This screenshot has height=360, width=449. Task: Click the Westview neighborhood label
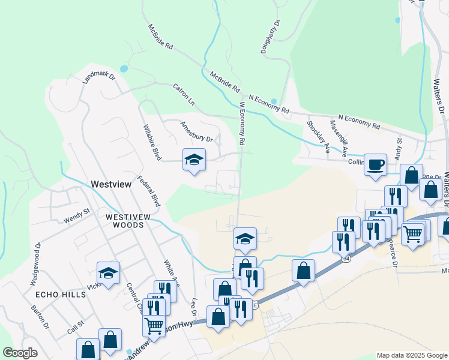pos(110,185)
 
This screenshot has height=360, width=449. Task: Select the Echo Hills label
pos(58,295)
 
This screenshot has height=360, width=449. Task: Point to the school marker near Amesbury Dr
pos(194,160)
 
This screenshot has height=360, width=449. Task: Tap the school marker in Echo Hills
pos(108,273)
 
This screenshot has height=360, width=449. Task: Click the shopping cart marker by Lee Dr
pos(154,326)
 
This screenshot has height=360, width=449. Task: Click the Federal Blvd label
pos(148,191)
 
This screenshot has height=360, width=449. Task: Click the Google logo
pos(20,353)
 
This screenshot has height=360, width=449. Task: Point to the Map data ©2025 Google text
pos(411,355)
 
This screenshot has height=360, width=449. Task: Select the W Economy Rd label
pos(243,123)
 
